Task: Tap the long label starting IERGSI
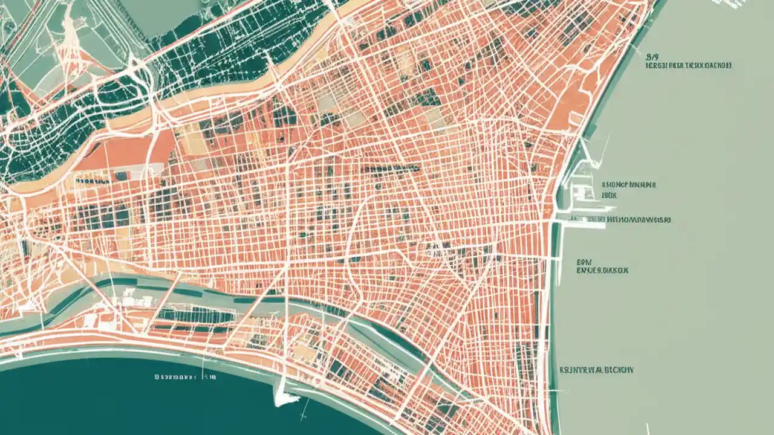[688, 65]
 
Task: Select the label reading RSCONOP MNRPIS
[629, 185]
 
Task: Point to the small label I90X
[608, 196]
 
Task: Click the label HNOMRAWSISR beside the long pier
[639, 221]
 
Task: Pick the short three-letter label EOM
[584, 262]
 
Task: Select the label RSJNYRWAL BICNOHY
[596, 369]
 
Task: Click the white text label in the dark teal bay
[185, 376]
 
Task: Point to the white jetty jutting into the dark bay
[283, 396]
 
